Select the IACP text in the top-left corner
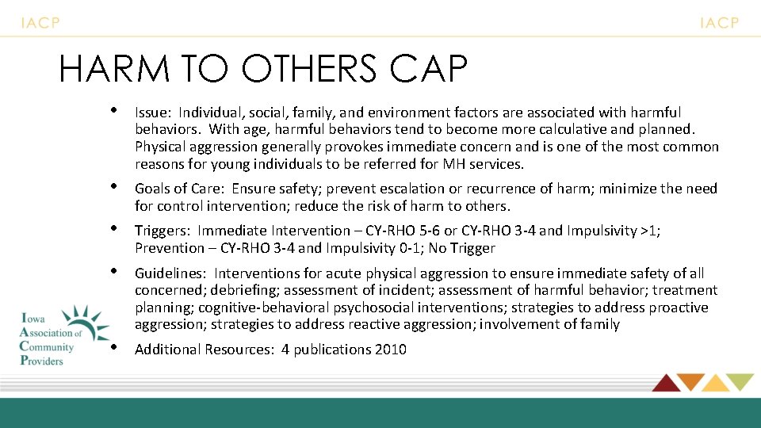click(x=40, y=23)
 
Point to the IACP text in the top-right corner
click(x=719, y=23)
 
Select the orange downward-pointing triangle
click(x=690, y=381)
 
